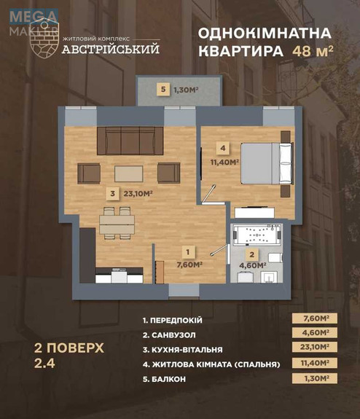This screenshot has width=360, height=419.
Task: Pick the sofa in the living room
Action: (130, 139)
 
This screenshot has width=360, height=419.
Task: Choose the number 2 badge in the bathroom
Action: (251, 255)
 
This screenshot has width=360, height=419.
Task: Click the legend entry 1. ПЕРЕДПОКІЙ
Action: (173, 320)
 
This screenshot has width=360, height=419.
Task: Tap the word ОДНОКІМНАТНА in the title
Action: (264, 34)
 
